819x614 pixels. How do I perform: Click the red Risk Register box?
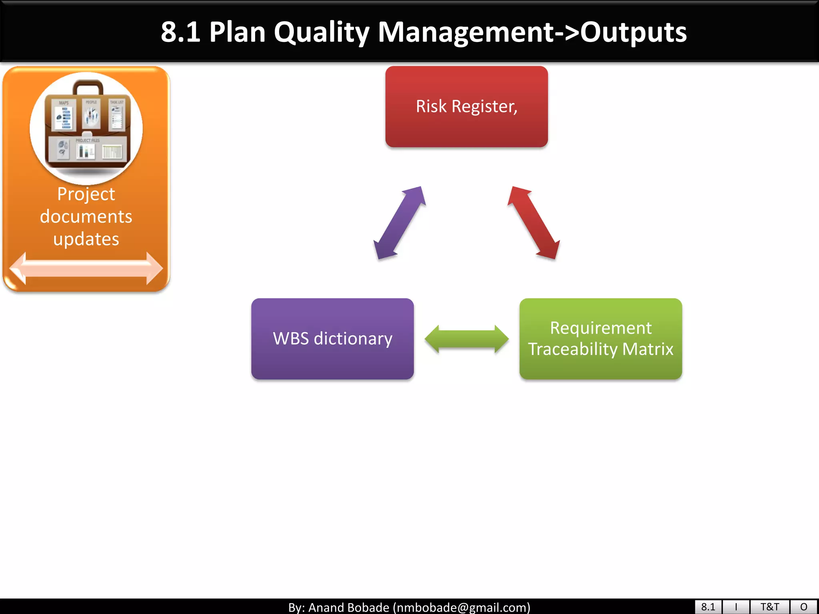[466, 107]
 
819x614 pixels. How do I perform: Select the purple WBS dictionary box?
[332, 339]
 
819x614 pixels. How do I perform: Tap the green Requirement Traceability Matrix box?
[600, 339]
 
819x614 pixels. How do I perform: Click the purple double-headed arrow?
[399, 223]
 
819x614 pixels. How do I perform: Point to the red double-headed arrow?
[533, 223]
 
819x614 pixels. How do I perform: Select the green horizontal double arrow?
[466, 339]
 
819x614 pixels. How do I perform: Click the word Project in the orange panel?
[86, 194]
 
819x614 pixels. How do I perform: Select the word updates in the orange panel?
[86, 239]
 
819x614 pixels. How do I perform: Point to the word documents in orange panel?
[86, 217]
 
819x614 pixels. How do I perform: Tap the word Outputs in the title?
[633, 32]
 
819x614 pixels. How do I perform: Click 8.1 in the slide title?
[180, 32]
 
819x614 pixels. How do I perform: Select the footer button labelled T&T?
[769, 607]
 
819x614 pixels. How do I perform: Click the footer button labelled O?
[804, 607]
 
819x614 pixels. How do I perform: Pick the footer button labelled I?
[736, 607]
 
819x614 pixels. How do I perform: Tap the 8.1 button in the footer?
[708, 607]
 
